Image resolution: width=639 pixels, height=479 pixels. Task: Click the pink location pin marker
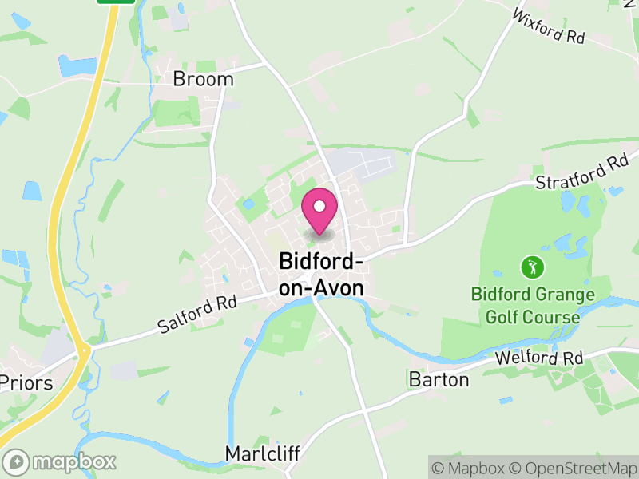click(x=319, y=211)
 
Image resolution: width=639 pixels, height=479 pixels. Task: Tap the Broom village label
click(x=204, y=79)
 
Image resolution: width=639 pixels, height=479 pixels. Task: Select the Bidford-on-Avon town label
click(x=321, y=274)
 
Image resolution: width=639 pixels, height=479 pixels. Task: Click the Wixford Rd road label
click(x=548, y=26)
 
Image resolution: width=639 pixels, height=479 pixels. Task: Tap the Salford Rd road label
click(x=197, y=315)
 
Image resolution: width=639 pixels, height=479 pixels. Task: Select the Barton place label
click(x=439, y=379)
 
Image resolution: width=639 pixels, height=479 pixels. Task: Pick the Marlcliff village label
click(x=262, y=453)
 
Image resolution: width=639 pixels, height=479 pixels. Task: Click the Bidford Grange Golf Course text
click(x=533, y=306)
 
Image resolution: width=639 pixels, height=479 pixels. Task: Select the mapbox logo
click(x=60, y=461)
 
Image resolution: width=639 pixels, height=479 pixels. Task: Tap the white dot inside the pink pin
click(x=319, y=206)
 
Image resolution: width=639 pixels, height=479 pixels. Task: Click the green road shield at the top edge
click(x=116, y=2)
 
